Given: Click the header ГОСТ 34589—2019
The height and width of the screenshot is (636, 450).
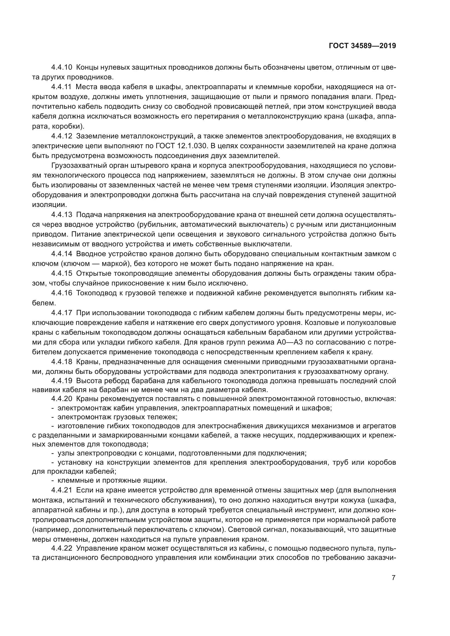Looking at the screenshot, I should click(x=362, y=46).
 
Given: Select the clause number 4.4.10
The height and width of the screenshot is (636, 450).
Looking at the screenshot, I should click(x=61, y=67).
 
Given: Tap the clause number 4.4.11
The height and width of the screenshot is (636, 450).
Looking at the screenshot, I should click(x=61, y=87).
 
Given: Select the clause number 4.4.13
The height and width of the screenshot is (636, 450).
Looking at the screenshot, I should click(x=61, y=215).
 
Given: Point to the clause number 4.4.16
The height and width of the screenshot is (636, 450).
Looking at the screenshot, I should click(x=61, y=293).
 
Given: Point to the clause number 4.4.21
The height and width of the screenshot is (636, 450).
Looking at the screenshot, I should click(x=61, y=490).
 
